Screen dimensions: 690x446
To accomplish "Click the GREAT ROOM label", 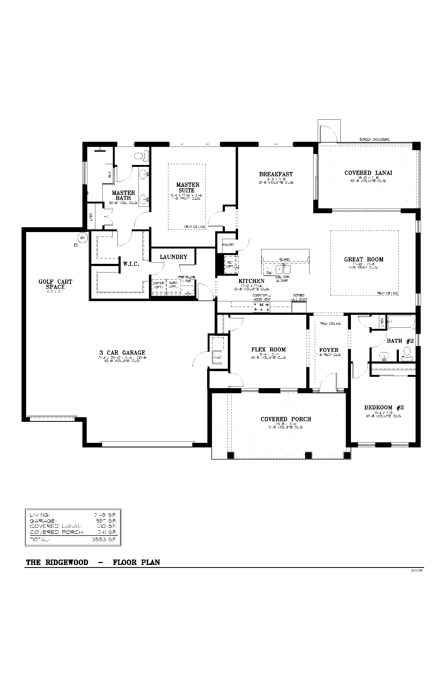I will pyautogui.click(x=364, y=259).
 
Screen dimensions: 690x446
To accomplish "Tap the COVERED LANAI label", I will pyautogui.click(x=368, y=173).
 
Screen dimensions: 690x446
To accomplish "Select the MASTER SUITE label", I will pyautogui.click(x=187, y=188).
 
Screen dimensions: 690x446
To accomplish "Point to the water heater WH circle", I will pyautogui.click(x=82, y=238).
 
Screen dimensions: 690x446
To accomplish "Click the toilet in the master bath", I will pyautogui.click(x=139, y=156).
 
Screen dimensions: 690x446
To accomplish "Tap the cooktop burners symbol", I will pyautogui.click(x=261, y=307).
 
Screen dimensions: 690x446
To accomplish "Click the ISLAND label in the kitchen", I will pyautogui.click(x=284, y=259).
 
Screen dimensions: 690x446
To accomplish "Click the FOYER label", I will pyautogui.click(x=329, y=350).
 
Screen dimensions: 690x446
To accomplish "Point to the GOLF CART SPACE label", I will pyautogui.click(x=55, y=284).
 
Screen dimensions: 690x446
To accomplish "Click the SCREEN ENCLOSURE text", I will pyautogui.click(x=374, y=139).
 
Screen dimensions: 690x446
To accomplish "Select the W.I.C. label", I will pyautogui.click(x=131, y=264).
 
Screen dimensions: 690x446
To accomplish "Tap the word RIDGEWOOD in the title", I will pyautogui.click(x=67, y=563).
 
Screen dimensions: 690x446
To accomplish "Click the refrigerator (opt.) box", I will pyautogui.click(x=231, y=265).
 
